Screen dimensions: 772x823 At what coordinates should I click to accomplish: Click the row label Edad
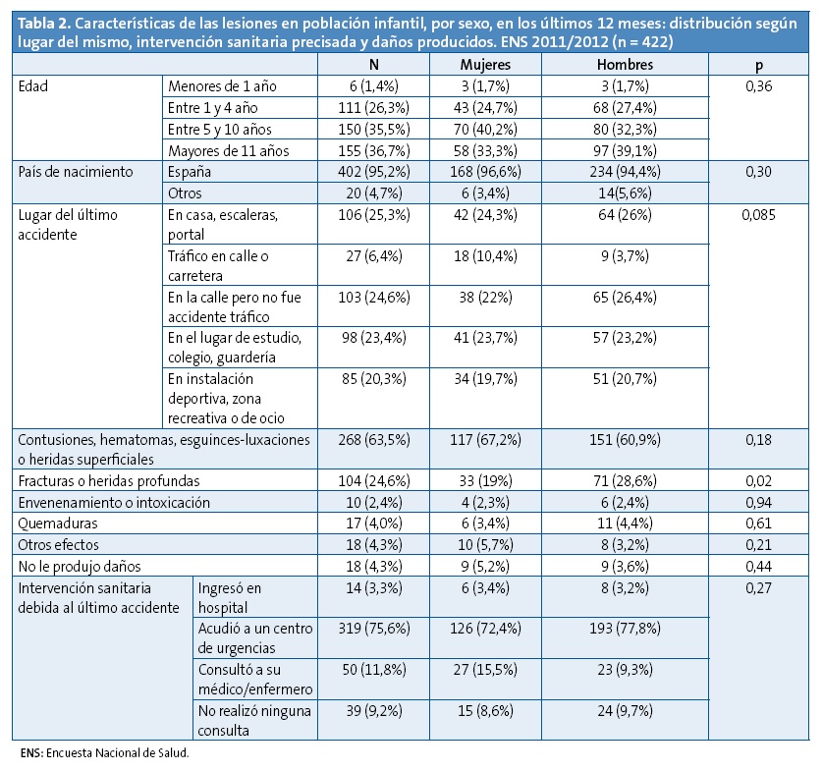click(33, 85)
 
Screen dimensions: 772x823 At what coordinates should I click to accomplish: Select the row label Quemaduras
click(55, 523)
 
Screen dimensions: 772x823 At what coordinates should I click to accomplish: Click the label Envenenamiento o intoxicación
click(114, 502)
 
